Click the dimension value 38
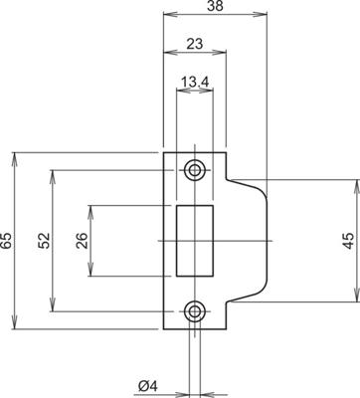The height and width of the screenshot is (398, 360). pos(212,7)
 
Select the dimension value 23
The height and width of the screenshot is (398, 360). pos(195,43)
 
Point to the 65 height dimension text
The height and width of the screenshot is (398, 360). pos(7,240)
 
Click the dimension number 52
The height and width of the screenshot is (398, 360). pos(43,240)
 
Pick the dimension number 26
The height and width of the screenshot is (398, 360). pos(82,240)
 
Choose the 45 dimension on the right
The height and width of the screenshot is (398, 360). pos(348,240)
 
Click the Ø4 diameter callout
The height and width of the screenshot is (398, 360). pos(148,384)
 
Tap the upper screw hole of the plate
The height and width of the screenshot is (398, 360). pos(195,169)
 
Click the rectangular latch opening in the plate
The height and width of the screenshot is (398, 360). pos(195,240)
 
